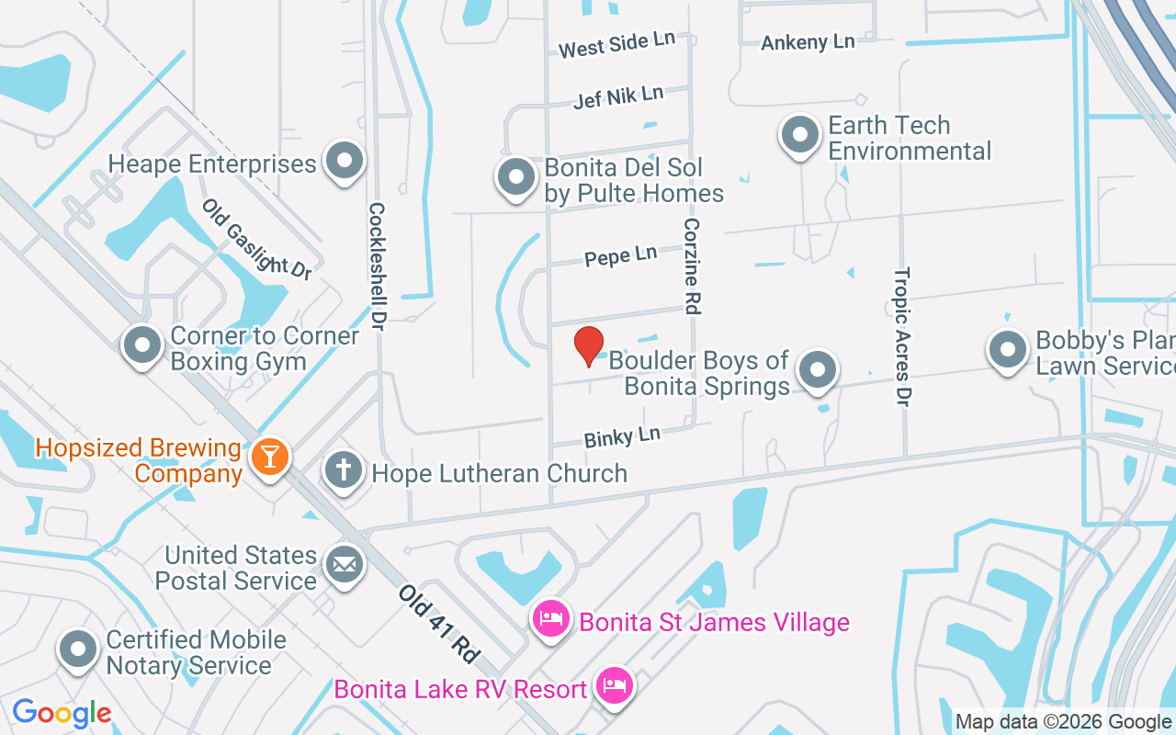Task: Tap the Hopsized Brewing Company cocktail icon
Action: (x=270, y=456)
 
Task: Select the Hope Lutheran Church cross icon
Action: (x=344, y=471)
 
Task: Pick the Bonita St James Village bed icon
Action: (x=550, y=617)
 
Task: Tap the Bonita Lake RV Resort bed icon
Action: (x=614, y=685)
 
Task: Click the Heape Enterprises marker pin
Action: (x=345, y=161)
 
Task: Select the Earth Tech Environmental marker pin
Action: (x=800, y=134)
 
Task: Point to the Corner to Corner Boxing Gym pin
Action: (x=142, y=346)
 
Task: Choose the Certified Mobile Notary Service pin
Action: (x=79, y=649)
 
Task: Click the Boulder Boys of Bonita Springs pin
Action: (x=818, y=370)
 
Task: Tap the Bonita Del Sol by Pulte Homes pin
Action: (x=515, y=175)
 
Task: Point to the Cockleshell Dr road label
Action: (x=376, y=266)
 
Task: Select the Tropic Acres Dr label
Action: (x=903, y=336)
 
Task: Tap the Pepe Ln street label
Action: (x=621, y=255)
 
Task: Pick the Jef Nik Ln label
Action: (x=618, y=96)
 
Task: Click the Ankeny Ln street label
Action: (x=808, y=41)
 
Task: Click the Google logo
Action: (x=62, y=713)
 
